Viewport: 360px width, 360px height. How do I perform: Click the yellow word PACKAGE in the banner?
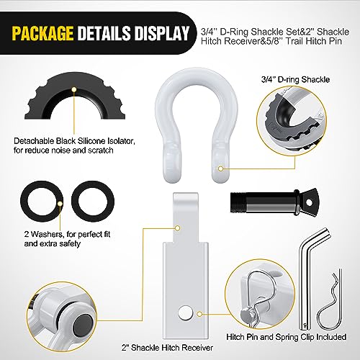42,32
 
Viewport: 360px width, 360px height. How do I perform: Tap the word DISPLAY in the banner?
161,32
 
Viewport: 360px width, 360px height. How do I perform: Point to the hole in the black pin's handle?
309,202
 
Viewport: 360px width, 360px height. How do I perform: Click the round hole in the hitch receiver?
186,314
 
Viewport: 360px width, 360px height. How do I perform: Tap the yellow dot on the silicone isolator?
74,89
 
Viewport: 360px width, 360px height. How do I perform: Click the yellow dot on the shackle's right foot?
220,168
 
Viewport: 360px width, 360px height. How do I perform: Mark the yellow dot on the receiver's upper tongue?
177,228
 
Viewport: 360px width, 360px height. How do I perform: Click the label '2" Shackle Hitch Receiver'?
167,348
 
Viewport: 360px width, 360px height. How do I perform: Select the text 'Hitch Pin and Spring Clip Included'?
287,337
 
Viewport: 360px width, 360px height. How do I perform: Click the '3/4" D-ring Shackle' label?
295,79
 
